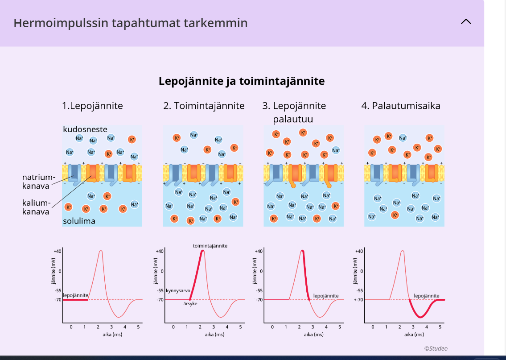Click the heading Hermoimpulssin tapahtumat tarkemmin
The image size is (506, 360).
130,23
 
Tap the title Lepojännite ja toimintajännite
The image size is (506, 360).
242,81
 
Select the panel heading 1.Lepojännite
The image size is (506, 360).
92,106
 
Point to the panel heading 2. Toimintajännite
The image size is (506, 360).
204,106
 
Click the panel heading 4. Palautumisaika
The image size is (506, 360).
400,106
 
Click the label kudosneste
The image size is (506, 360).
85,129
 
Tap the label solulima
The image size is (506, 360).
79,221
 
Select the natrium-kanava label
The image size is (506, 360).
36,181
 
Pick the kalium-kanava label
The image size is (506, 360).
36,207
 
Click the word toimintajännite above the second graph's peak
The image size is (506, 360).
210,246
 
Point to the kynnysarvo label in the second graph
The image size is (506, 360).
178,290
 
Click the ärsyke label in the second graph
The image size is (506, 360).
190,303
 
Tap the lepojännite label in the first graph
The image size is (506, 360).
75,295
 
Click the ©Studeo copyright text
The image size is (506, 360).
436,348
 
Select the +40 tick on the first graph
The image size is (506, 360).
57,251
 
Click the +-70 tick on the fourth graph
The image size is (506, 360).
358,300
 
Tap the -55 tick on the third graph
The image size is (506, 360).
259,290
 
